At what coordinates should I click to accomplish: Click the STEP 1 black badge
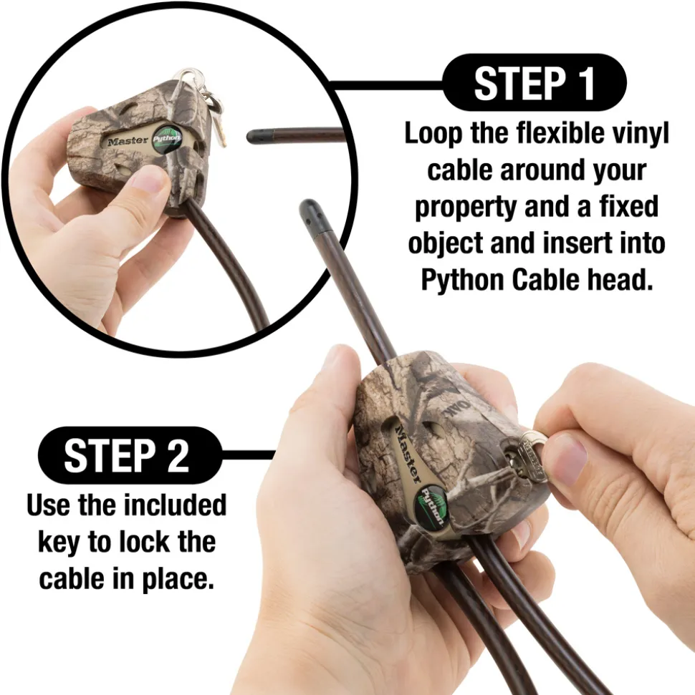tap(535, 82)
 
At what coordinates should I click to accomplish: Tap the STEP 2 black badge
tap(130, 455)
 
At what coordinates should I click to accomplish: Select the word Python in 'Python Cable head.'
tap(462, 280)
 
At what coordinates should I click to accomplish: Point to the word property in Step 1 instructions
tap(466, 208)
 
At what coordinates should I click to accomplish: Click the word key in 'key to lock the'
tap(59, 543)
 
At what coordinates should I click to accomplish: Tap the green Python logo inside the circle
tap(166, 138)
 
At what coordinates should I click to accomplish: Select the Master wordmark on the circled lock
tap(128, 142)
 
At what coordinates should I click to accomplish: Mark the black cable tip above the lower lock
tap(312, 214)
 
